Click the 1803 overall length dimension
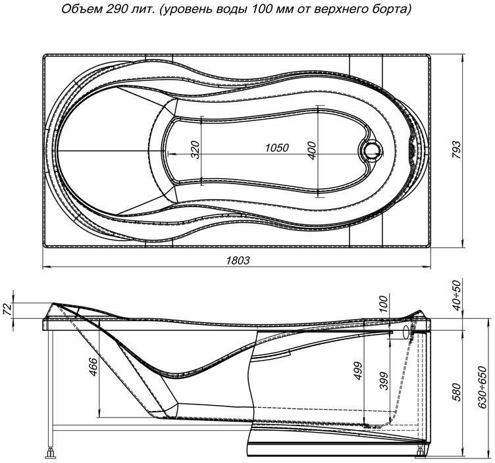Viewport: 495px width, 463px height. click(238, 260)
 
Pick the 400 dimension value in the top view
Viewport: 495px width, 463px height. click(312, 151)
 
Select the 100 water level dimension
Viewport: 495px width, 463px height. click(384, 305)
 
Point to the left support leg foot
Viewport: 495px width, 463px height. click(51, 453)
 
